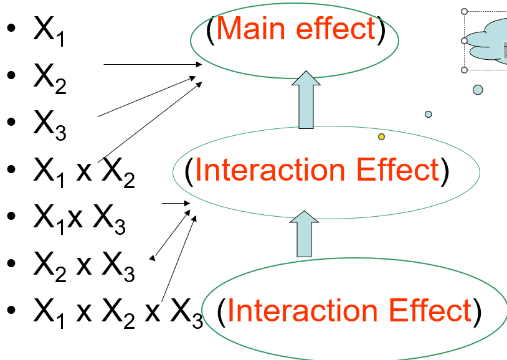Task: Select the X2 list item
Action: click(49, 78)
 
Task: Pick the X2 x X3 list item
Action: click(83, 264)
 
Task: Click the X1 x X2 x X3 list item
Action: click(118, 310)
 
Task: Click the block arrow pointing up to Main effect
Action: click(305, 100)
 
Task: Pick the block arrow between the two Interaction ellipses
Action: click(305, 234)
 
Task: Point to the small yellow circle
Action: click(381, 136)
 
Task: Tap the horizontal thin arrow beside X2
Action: click(153, 64)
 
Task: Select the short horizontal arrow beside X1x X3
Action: click(174, 203)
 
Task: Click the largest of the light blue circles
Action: click(478, 90)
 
